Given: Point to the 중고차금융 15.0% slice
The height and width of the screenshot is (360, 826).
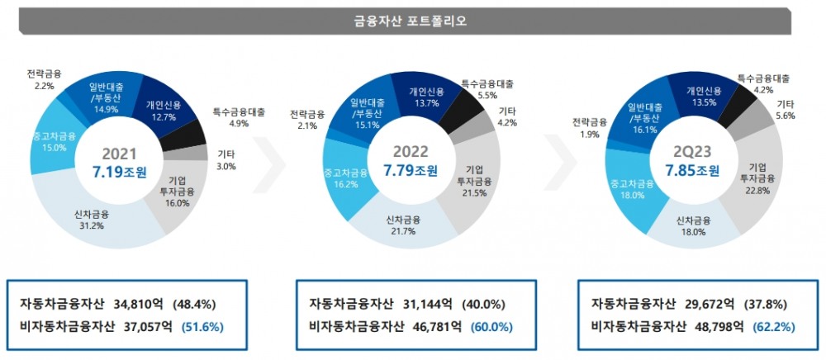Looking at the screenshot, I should click(x=53, y=141).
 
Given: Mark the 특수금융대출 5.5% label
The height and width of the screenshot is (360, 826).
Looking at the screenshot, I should click(x=487, y=89).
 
